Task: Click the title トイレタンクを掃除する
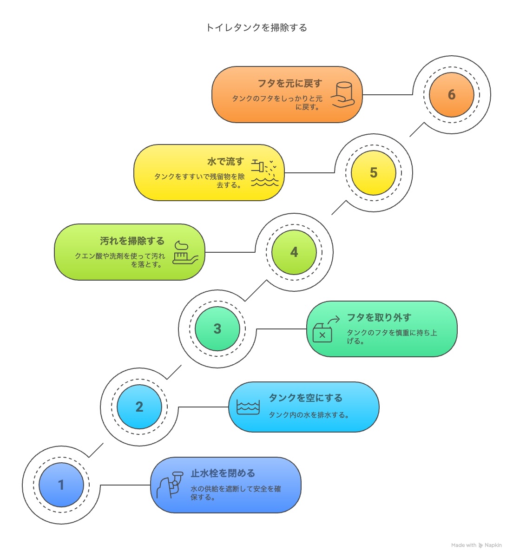256,27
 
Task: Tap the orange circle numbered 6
452,95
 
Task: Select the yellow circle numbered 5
373,173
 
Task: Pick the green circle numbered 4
294,252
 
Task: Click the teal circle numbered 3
217,328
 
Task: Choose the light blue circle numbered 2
139,407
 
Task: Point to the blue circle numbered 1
61,485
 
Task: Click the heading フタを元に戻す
290,83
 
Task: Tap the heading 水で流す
226,161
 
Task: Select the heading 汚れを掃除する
132,241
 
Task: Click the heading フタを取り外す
379,317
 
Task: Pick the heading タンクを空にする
305,398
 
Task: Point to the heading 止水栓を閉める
223,473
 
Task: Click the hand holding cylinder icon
343,95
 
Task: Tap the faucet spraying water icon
264,173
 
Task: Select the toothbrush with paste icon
185,252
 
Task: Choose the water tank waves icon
248,407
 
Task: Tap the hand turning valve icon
170,485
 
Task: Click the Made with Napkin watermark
476,545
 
